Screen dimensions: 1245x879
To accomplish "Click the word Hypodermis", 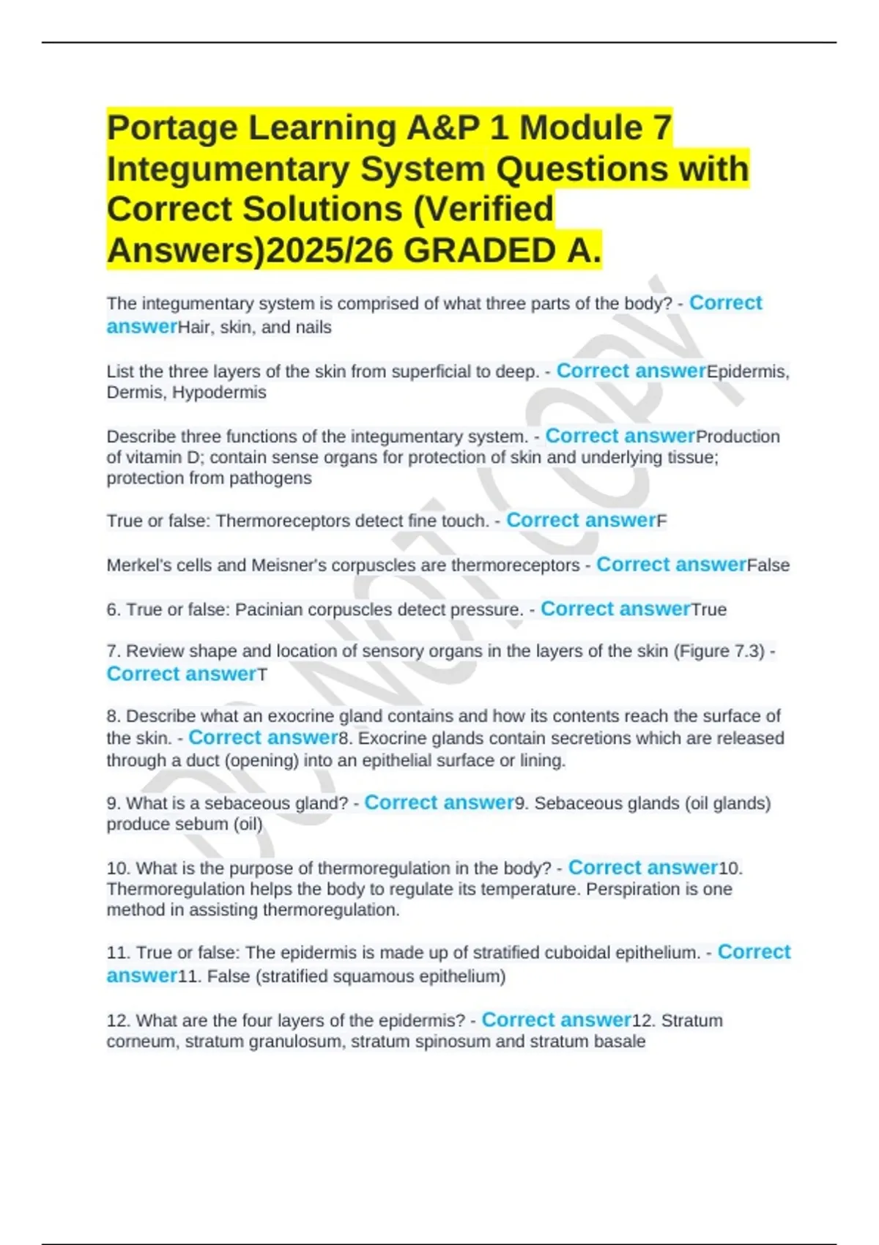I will click(x=219, y=393).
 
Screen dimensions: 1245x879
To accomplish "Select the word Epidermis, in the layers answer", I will click(x=748, y=372).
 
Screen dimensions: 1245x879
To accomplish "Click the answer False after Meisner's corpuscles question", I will click(x=768, y=565).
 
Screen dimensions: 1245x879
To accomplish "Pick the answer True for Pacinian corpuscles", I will click(x=708, y=609).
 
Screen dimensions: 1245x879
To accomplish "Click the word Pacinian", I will click(x=267, y=609).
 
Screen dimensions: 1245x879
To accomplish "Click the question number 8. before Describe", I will click(x=114, y=716).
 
